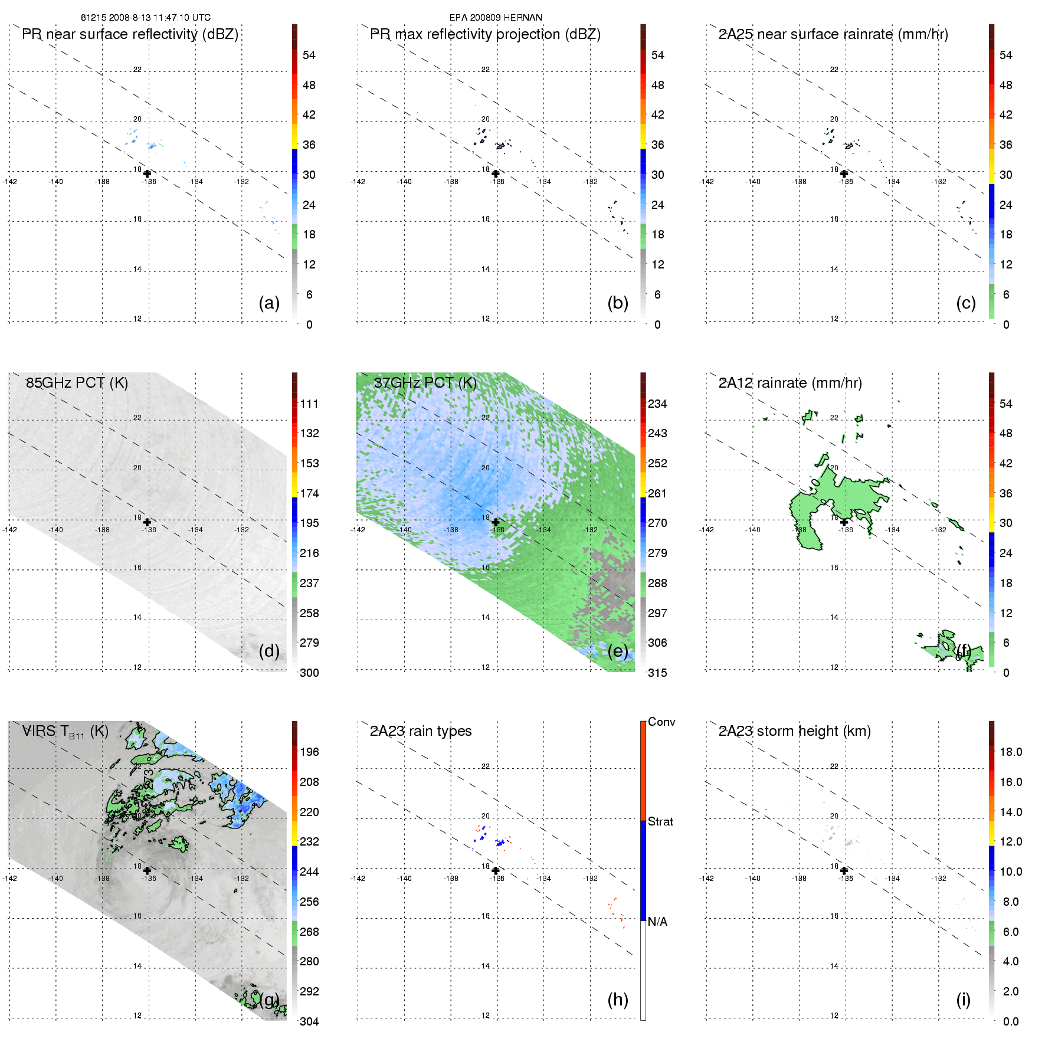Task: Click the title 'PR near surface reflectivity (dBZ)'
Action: coord(130,34)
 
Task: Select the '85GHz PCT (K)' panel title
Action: coord(77,383)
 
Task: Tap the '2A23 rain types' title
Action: coord(420,731)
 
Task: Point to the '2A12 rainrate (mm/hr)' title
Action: coord(790,383)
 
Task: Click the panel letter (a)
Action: coord(269,303)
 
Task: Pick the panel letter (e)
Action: coord(617,651)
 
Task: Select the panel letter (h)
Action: coord(617,1000)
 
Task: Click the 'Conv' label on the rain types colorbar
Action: coord(661,722)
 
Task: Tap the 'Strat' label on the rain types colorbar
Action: coord(660,821)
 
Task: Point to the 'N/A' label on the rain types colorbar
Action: coord(657,922)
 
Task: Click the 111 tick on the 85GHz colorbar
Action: coord(309,404)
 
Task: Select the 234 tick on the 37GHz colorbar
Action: coord(657,404)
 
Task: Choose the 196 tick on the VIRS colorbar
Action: coord(309,752)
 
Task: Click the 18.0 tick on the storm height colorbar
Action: coord(1010,752)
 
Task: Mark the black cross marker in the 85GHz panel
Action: coord(147,522)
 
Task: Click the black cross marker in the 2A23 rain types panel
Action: coord(496,870)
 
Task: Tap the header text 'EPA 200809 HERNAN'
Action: coord(496,18)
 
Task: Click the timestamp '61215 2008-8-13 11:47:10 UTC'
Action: coord(145,18)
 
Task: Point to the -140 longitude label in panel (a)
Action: coord(55,182)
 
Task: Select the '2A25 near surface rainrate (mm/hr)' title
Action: coord(833,34)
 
